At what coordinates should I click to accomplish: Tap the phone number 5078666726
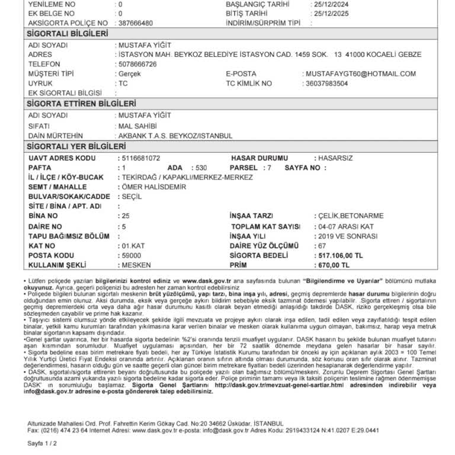pyautogui.click(x=137, y=64)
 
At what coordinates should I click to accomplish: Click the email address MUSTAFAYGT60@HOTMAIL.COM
pyautogui.click(x=361, y=73)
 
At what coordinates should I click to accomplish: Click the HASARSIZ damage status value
pyautogui.click(x=335, y=158)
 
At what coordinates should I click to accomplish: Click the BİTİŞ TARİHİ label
pyautogui.click(x=254, y=12)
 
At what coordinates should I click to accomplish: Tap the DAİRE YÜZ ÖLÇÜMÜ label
pyautogui.click(x=264, y=245)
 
